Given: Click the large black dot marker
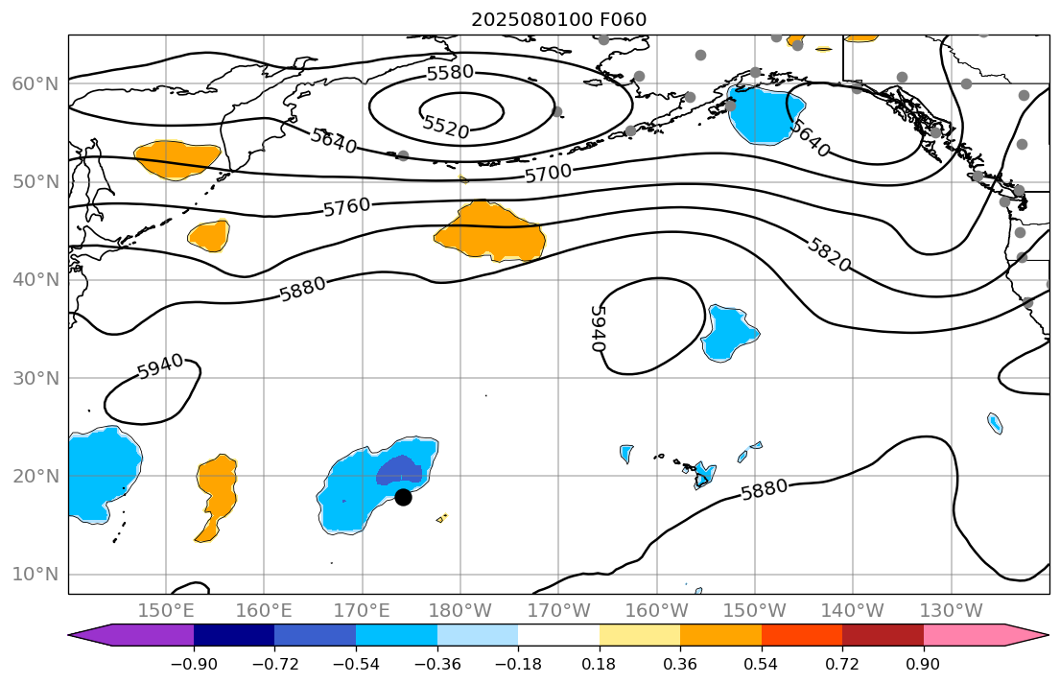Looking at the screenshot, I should coord(403,497).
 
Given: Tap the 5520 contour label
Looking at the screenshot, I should coord(446,127).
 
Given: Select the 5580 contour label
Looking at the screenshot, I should coord(450,73).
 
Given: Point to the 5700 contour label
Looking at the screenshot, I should coord(548,174).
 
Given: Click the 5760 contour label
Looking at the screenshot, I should coord(346,206).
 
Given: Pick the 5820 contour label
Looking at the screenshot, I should coord(829,254).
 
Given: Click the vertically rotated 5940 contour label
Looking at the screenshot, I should coord(598,328).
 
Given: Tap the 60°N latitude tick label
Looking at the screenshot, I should coord(35,84).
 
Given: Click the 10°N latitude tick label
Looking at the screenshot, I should coord(35,575).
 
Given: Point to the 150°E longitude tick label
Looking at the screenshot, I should coord(166,611).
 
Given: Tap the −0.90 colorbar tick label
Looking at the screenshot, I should coord(194,664).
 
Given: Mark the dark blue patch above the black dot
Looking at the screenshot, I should coord(398,471).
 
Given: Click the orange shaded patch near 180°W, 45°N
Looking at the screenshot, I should coord(489,233).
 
